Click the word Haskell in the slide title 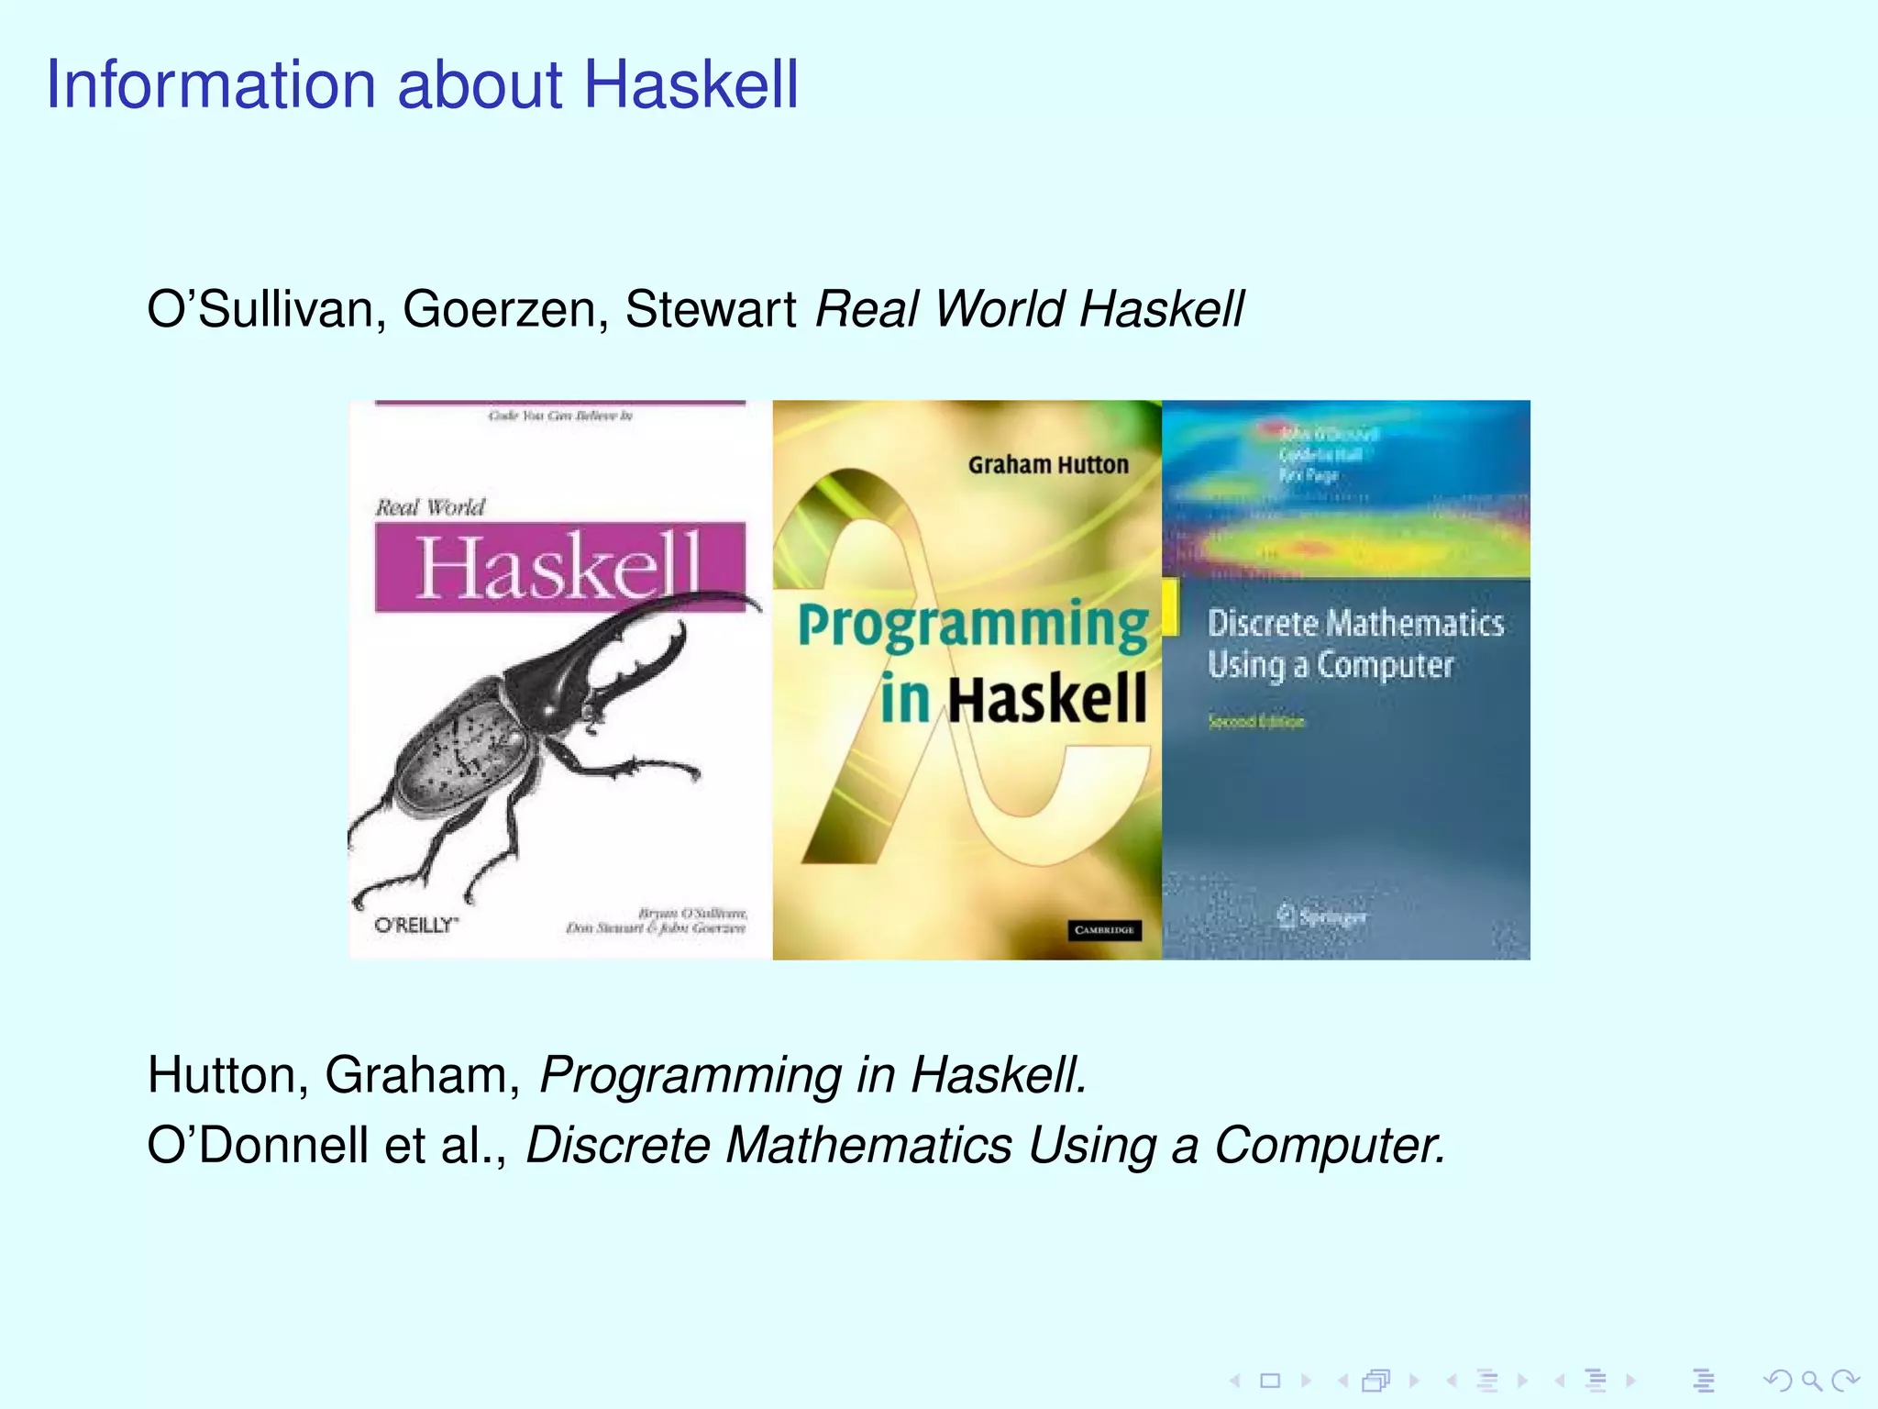pos(690,84)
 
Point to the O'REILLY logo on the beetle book pos(415,925)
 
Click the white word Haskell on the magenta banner pos(558,568)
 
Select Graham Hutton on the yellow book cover pos(1048,465)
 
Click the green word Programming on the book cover pos(972,626)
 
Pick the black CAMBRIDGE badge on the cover pos(1105,929)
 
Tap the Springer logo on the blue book pos(1321,915)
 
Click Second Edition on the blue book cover pos(1255,721)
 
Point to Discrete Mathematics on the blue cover pos(1354,624)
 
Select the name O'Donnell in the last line pos(257,1146)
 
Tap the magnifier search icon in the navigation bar pos(1811,1380)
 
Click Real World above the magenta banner pos(429,507)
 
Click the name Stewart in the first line pos(711,309)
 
